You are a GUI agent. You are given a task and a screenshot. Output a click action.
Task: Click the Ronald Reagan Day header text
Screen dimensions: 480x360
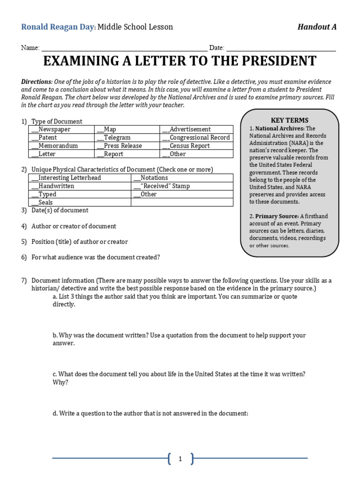[x=58, y=27]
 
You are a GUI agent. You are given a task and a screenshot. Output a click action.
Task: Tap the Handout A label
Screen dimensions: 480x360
[x=317, y=27]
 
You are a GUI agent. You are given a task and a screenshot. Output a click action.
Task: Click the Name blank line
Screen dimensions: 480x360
[x=124, y=48]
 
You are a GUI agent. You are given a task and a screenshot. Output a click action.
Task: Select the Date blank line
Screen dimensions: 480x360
[x=281, y=48]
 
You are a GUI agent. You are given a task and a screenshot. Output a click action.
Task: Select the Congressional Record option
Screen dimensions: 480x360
[x=196, y=138]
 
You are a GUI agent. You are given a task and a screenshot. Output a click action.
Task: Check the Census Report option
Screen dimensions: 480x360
[x=189, y=146]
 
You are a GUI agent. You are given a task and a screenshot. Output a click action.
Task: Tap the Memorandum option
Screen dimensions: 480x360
[x=54, y=146]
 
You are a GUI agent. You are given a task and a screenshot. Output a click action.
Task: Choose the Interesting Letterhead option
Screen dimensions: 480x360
[x=66, y=178]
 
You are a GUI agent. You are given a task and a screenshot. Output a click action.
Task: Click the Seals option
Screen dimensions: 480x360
[x=42, y=202]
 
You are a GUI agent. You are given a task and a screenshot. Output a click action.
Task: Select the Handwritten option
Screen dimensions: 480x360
[x=53, y=186]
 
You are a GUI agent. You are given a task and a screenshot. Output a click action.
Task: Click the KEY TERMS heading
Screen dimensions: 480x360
[x=290, y=120]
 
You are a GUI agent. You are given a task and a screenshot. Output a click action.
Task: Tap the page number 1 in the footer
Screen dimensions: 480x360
[x=180, y=459]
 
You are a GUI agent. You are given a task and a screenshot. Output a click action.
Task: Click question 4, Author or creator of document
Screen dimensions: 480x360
[x=74, y=226]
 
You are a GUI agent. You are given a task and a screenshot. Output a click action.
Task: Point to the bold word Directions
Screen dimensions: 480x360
[x=37, y=82]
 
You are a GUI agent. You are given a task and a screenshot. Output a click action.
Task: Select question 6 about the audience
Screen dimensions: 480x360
[x=96, y=257]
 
